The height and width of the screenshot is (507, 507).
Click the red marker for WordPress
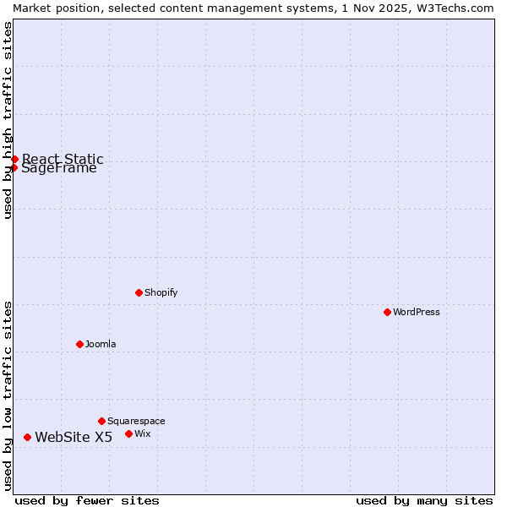click(388, 312)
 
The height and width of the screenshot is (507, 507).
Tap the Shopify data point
click(139, 292)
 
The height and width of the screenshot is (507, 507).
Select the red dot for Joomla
click(80, 344)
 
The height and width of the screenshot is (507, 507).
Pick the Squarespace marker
click(102, 421)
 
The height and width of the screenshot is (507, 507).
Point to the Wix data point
click(129, 433)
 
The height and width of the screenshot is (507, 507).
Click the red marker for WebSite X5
click(28, 437)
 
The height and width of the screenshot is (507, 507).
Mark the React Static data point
click(15, 159)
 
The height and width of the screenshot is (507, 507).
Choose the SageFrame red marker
click(14, 167)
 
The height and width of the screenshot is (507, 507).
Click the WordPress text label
click(417, 312)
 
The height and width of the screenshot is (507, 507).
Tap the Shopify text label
click(161, 292)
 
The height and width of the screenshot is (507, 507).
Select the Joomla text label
click(101, 344)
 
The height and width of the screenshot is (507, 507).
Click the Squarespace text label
click(136, 421)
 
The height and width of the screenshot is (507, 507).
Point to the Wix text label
click(143, 433)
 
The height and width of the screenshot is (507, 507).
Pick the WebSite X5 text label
click(74, 437)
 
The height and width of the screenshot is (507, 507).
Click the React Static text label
click(63, 158)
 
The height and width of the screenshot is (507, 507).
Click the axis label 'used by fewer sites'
click(87, 500)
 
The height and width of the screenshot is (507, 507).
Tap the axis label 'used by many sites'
click(424, 500)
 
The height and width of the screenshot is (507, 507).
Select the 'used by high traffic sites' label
click(8, 121)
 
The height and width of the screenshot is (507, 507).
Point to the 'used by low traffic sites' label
click(8, 395)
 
